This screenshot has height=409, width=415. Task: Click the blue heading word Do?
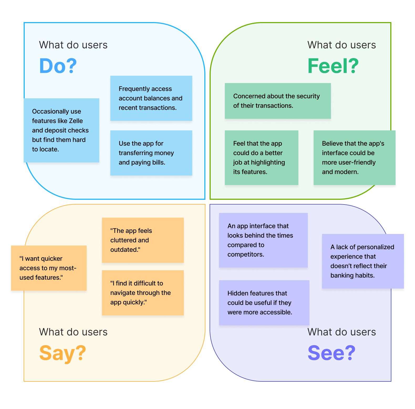click(x=58, y=66)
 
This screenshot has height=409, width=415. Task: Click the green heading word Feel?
click(x=333, y=66)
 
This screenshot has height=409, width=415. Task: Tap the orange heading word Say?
click(x=63, y=353)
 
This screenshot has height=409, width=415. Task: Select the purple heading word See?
click(x=331, y=353)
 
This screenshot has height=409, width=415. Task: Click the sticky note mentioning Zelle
click(x=61, y=130)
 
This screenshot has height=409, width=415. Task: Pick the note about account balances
click(x=151, y=98)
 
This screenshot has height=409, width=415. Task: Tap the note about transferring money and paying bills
click(x=151, y=153)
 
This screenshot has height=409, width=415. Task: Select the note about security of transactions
click(x=278, y=101)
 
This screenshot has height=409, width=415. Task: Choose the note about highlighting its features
click(x=261, y=158)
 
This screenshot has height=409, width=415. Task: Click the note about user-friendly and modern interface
click(x=354, y=158)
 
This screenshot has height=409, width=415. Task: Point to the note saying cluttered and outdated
click(x=143, y=240)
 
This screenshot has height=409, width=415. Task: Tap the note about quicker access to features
click(x=49, y=268)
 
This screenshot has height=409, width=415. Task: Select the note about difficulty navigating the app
click(x=143, y=293)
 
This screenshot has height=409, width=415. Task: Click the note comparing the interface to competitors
click(x=263, y=240)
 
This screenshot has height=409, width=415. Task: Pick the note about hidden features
click(x=264, y=303)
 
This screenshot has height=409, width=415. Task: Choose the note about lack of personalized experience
click(x=363, y=261)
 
